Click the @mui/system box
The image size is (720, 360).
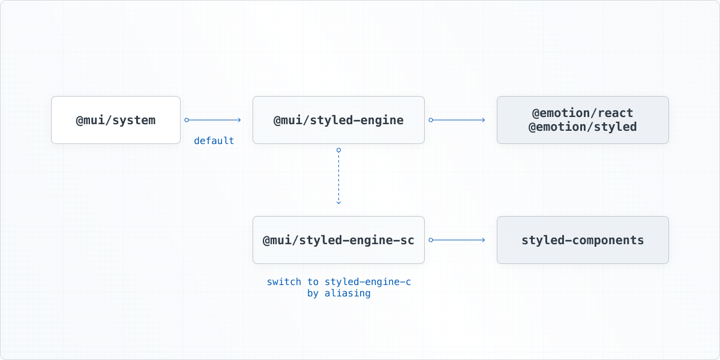pos(115,120)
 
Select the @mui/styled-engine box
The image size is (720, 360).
pos(338,120)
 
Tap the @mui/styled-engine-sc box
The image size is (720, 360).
pos(338,240)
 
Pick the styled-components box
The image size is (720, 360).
pos(583,240)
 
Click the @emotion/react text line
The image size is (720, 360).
pos(583,113)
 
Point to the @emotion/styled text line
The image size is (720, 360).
pos(583,127)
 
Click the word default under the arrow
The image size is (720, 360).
pos(214,141)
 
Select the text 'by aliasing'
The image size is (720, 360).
pos(338,294)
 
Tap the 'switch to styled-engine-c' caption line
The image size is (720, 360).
pos(338,281)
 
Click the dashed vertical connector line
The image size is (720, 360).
pos(338,177)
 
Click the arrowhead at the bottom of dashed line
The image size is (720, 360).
pos(338,202)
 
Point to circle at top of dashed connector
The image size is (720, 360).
pos(338,149)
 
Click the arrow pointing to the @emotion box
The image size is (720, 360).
pos(459,120)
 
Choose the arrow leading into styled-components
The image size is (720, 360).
pos(459,240)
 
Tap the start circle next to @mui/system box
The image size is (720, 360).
pos(187,120)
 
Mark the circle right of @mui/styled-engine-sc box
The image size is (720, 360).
pos(431,240)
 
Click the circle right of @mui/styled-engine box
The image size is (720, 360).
pos(431,120)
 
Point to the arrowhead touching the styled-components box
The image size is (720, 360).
pos(483,240)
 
